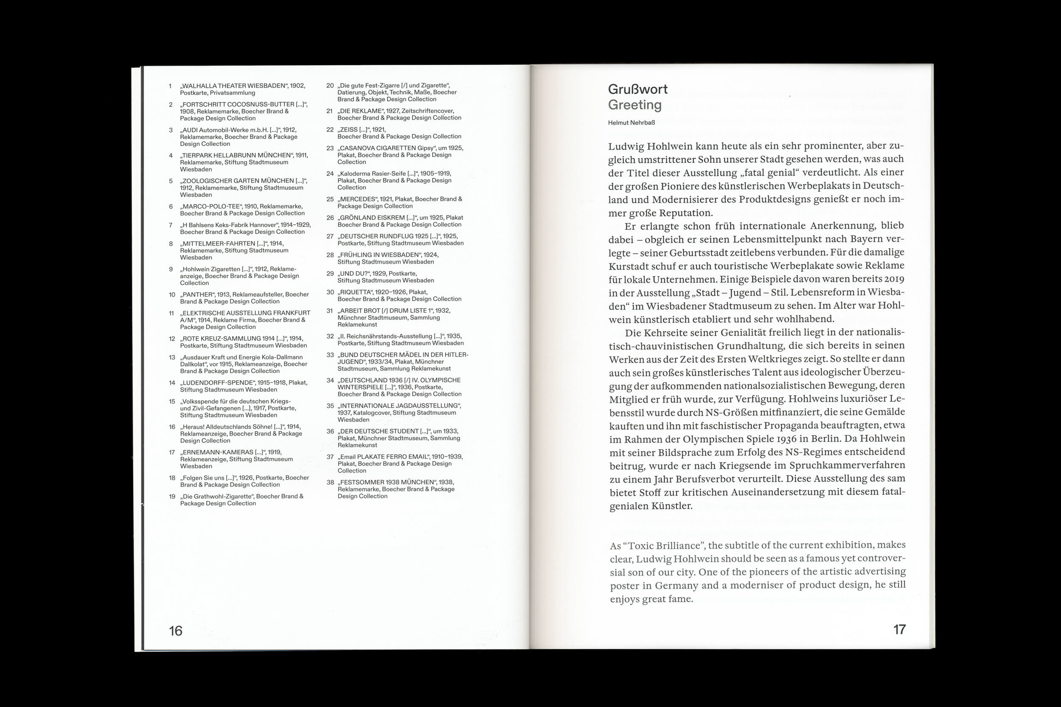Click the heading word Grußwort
point(637,89)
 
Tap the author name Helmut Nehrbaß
point(631,123)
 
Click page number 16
point(175,630)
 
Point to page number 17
point(899,629)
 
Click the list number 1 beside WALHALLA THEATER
point(170,86)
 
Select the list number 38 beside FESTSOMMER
point(330,482)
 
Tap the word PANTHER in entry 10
point(198,294)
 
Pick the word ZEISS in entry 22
point(349,129)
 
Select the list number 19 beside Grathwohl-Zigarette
point(172,497)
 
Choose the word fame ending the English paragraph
point(680,599)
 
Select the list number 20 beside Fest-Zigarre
point(330,86)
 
